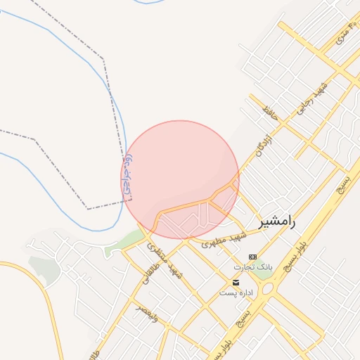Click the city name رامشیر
coord(277,221)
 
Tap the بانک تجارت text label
coord(252,268)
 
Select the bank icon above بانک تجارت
coord(252,257)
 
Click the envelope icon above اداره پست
coord(235,282)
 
